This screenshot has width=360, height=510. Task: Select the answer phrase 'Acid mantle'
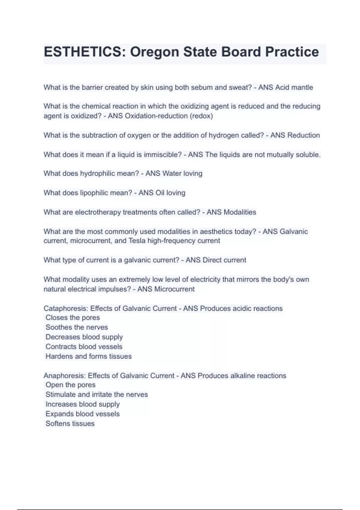[294, 88]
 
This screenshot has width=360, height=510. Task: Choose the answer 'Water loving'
[182, 174]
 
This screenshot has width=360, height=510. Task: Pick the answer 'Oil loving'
[170, 193]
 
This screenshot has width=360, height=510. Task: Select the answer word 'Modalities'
[240, 212]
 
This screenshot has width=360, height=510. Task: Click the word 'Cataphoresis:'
[66, 308]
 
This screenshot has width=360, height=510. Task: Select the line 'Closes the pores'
[73, 318]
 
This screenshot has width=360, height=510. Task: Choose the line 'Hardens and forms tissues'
[88, 356]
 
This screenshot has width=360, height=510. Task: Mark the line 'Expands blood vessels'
[82, 414]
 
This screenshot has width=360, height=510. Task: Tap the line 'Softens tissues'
[70, 424]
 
